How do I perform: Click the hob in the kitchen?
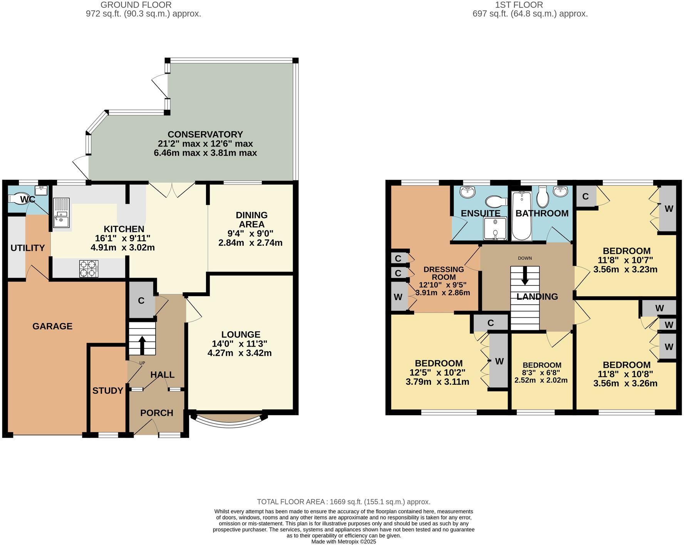(88, 268)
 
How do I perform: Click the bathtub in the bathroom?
(521, 216)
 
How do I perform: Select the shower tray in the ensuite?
(495, 228)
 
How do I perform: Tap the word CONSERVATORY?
(205, 134)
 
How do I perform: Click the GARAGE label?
(52, 326)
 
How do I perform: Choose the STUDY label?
(107, 391)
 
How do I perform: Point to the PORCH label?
(156, 413)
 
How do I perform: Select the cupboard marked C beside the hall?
(141, 300)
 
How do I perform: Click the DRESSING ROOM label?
(444, 273)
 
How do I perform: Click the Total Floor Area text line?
(343, 502)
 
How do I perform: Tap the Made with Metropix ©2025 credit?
(343, 542)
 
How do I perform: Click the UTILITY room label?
(27, 248)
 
